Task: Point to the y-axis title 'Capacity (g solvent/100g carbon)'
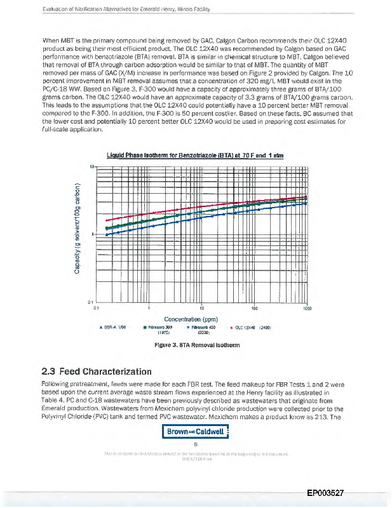(x=77, y=231)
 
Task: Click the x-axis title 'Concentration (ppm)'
(x=191, y=319)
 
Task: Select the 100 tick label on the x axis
(x=253, y=308)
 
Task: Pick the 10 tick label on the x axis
(x=201, y=308)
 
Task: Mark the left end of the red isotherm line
(x=106, y=220)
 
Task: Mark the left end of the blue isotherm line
(x=106, y=234)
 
